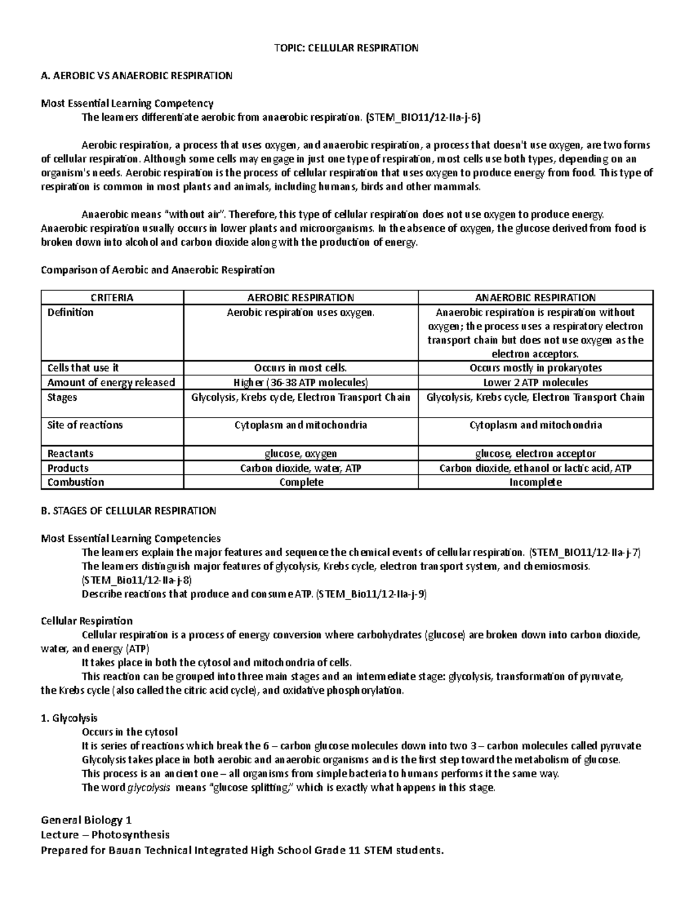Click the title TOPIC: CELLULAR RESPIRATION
346,48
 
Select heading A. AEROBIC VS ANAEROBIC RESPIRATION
136,76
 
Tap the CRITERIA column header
112,298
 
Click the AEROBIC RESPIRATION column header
300,298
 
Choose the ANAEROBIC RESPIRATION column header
535,298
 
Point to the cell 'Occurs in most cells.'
300,368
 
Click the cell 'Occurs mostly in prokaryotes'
535,368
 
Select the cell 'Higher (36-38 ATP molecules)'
300,383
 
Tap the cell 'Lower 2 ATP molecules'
535,383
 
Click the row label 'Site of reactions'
85,425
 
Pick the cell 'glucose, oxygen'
300,454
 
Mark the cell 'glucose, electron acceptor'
535,454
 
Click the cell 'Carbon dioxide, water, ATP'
300,468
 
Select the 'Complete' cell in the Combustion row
300,482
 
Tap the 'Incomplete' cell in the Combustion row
535,482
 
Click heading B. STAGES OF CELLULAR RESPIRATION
128,511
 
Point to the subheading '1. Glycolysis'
69,718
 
